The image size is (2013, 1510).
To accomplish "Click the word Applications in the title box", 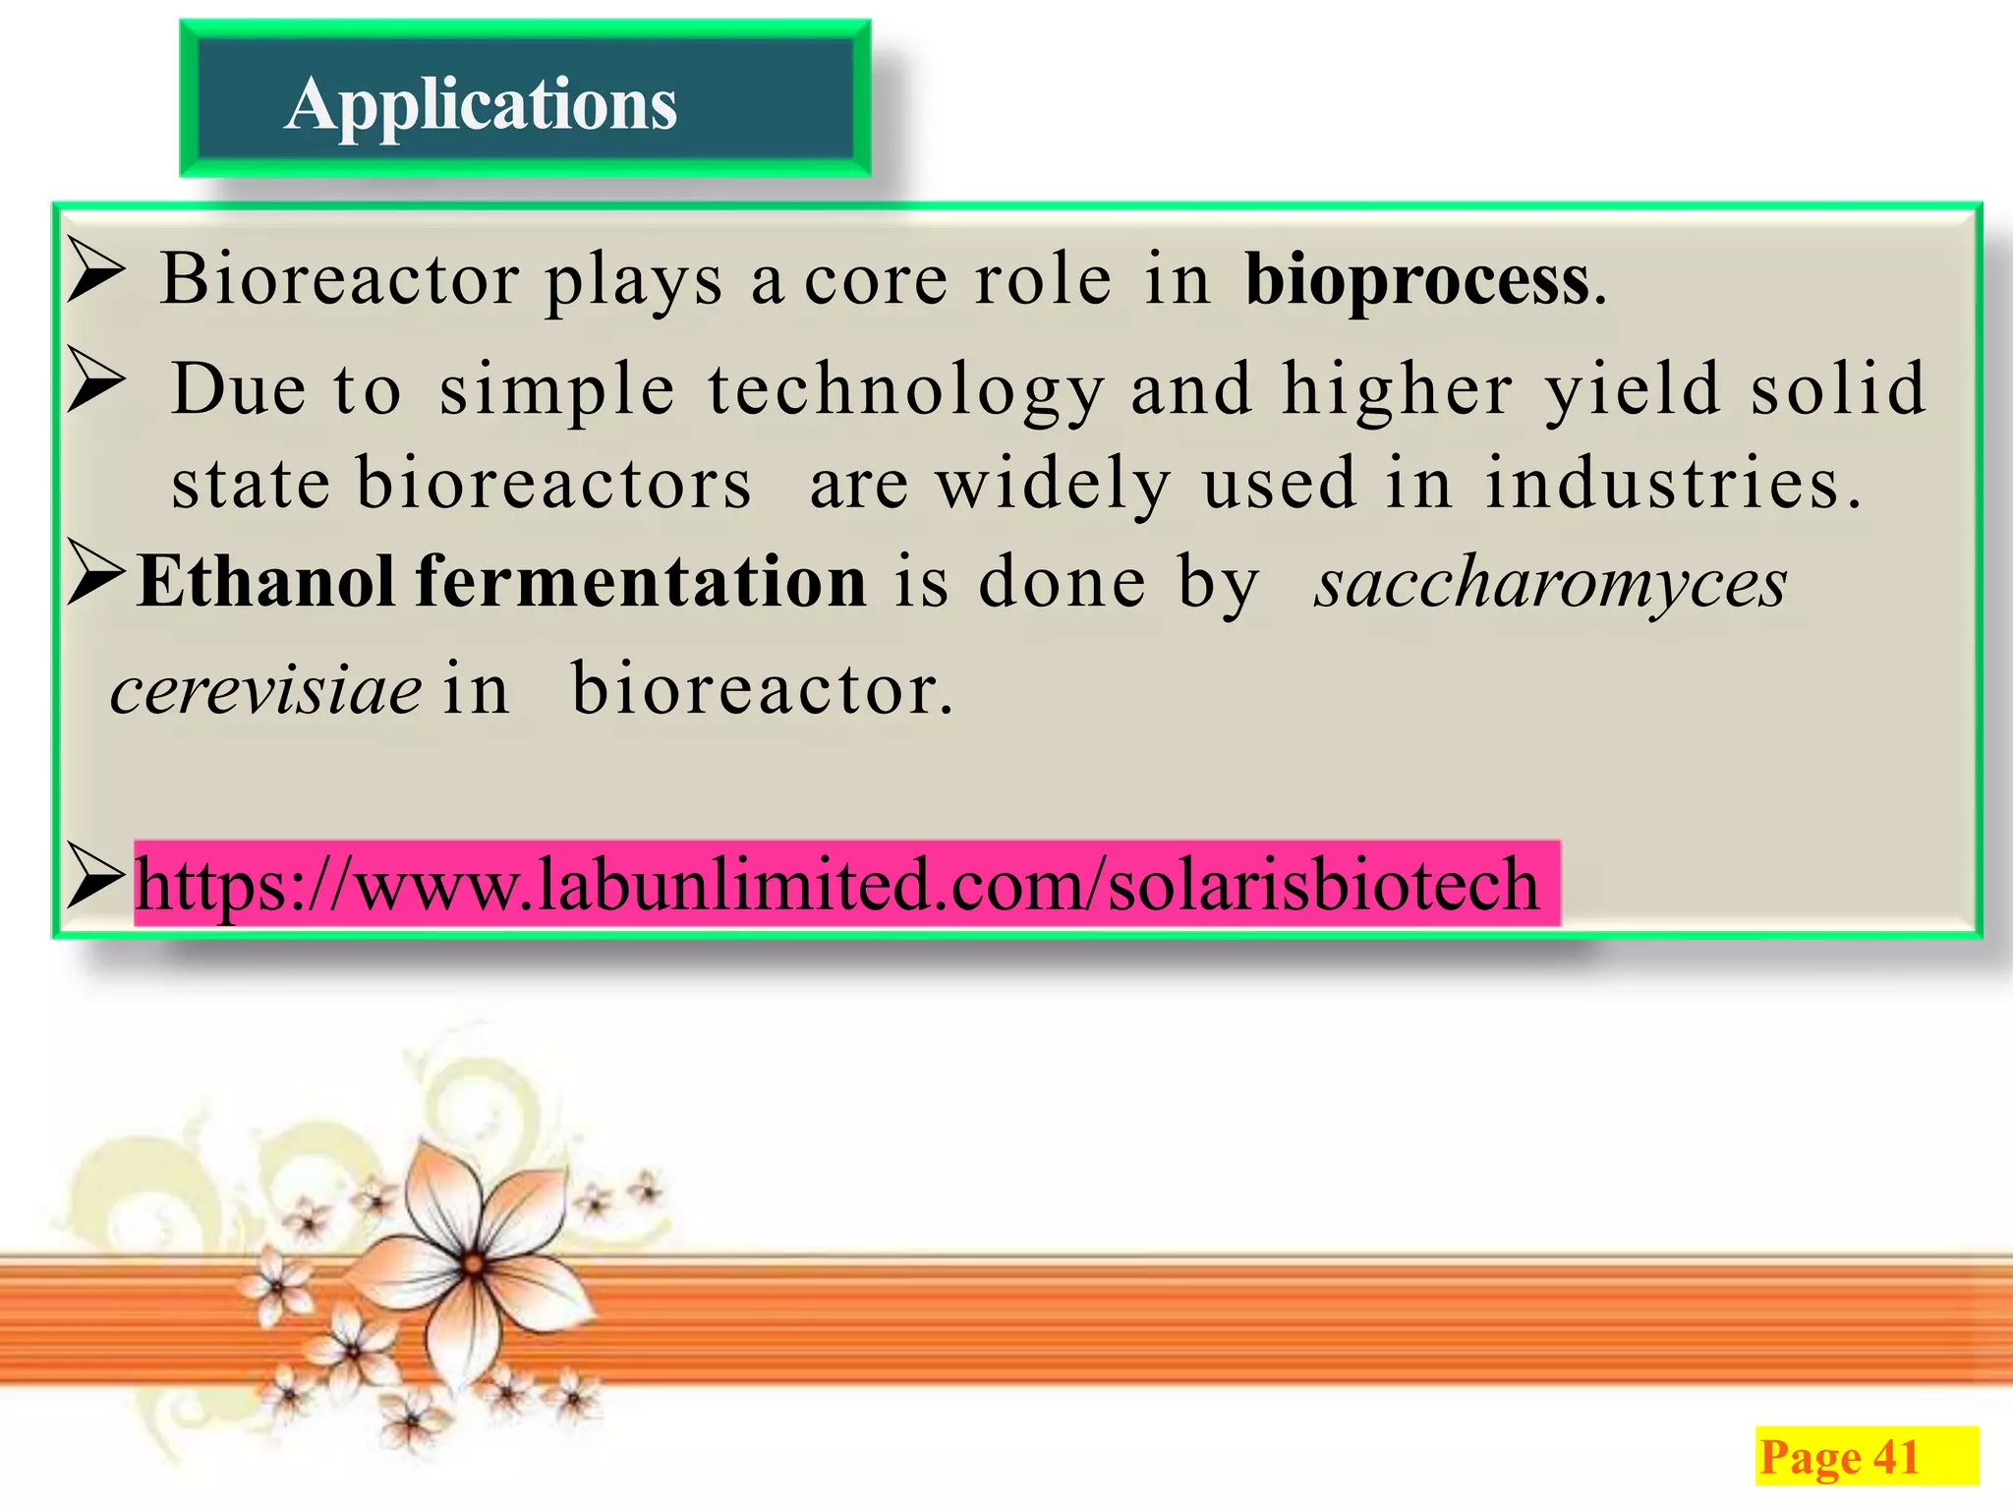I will coord(481,105).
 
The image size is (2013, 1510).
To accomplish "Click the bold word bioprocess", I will coord(1416,280).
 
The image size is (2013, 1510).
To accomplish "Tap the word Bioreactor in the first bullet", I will coord(340,280).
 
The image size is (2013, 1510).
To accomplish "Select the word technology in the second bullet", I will coord(905,390).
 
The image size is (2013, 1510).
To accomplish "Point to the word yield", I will coord(1633,390).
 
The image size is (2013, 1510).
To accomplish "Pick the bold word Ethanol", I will coord(265,582).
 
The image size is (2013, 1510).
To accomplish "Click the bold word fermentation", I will coord(641,582).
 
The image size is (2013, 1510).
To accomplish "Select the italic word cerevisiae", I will coord(265,690).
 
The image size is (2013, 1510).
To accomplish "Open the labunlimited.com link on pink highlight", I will coord(835,884).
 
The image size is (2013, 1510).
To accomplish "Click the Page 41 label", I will coord(1839,1457).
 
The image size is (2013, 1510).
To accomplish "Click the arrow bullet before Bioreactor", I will coord(96,274).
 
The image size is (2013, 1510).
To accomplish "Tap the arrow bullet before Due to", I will coord(96,384).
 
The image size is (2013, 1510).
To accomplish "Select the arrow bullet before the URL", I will coord(96,880).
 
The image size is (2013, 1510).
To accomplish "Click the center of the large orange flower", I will coord(473,1264).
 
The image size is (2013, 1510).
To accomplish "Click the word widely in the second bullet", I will coord(1054,485).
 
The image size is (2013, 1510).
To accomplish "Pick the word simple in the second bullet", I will coord(557,390).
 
